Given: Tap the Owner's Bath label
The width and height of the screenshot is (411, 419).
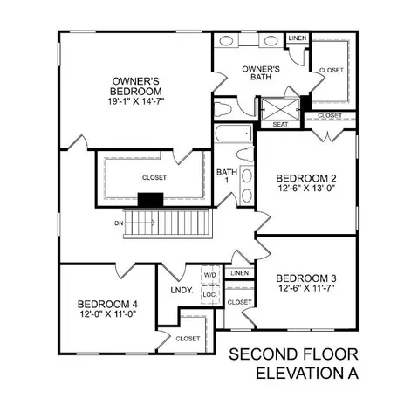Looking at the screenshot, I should coord(259,72).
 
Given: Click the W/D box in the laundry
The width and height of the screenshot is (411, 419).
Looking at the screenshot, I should coord(209,275).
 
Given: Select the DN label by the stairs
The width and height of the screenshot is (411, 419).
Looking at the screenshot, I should coord(118,223).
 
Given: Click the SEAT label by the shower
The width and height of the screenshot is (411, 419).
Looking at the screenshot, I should coord(280,125).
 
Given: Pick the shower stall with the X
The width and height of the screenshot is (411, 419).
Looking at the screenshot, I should coord(279,107).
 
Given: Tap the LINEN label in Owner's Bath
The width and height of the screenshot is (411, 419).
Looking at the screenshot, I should coord(297,39).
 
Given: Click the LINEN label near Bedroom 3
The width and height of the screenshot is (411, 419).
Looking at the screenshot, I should coord(238,274).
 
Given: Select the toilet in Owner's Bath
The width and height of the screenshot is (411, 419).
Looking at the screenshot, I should coord(224,108).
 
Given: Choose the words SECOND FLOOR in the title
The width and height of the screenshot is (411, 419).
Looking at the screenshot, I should coord(293,355).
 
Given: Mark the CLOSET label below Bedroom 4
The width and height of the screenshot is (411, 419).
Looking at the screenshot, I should coord(188,339).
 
